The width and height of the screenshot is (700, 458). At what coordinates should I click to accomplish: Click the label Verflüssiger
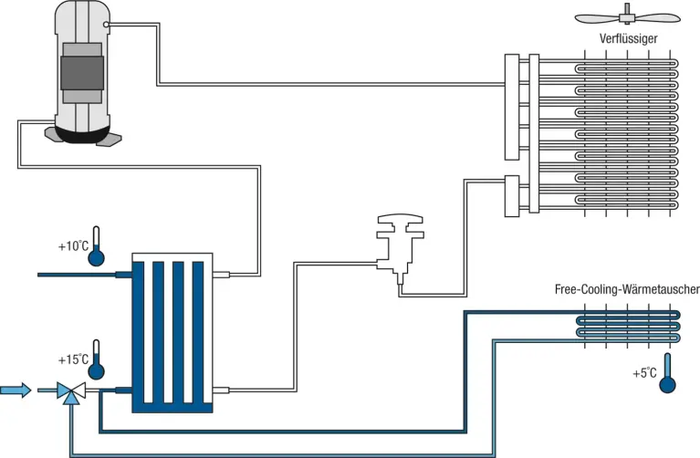[629, 38]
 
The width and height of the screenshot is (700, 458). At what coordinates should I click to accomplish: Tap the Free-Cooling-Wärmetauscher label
[627, 289]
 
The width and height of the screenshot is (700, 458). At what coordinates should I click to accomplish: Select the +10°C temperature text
[73, 246]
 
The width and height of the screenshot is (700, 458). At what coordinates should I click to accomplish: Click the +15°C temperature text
[73, 359]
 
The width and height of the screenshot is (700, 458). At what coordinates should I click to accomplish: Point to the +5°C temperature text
[644, 373]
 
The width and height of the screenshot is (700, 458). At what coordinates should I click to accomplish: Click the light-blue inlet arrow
[16, 390]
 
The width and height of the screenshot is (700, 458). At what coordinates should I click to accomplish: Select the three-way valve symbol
[69, 391]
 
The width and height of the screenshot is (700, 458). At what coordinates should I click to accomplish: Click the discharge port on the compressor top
[107, 25]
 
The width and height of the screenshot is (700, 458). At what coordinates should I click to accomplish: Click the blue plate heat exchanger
[172, 332]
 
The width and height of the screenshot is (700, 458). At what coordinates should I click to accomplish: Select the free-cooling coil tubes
[629, 324]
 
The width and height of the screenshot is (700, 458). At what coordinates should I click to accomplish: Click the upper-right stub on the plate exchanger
[219, 273]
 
